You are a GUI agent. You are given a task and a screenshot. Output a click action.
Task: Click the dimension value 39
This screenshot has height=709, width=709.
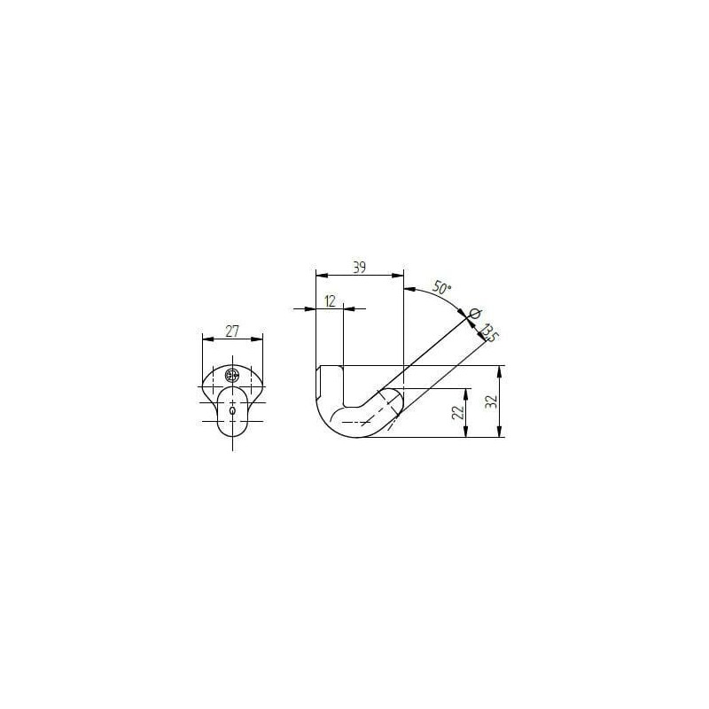point(359,268)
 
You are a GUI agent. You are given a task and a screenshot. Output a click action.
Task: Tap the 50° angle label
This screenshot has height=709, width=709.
point(442,288)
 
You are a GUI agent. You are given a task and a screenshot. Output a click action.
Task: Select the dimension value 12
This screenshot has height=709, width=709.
point(331,301)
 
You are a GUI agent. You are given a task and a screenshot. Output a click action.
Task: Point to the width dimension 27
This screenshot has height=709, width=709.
point(232,331)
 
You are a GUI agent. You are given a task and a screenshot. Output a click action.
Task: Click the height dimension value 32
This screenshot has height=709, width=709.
point(492,401)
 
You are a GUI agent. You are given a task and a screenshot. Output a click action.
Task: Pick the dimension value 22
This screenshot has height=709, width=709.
point(458,412)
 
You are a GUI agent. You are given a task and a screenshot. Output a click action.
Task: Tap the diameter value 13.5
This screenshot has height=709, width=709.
point(489,333)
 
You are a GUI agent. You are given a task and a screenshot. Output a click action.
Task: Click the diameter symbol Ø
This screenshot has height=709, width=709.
point(475,314)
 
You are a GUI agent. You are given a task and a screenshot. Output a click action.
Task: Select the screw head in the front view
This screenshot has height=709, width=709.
point(232,375)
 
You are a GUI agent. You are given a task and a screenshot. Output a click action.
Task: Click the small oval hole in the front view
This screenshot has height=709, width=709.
point(232,410)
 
